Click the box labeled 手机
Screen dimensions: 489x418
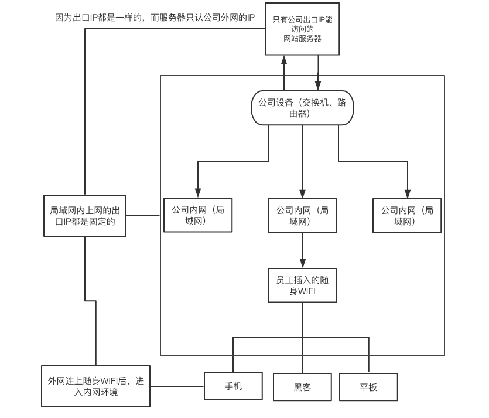tap(233, 386)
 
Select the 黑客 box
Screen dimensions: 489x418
tap(302, 387)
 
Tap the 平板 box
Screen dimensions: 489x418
tap(368, 387)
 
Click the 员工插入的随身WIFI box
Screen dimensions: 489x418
tap(302, 286)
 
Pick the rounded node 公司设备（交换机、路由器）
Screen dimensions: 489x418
tap(302, 108)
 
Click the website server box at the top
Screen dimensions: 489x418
tap(302, 29)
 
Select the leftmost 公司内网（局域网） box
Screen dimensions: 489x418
tap(198, 215)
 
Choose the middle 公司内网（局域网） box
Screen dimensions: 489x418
tap(302, 215)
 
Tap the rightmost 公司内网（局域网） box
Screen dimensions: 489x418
tap(407, 215)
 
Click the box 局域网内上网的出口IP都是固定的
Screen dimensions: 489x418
tap(85, 216)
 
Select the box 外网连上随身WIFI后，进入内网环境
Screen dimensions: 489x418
tap(95, 386)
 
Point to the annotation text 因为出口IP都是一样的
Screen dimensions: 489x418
tap(98, 18)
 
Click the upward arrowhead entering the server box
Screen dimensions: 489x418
tap(284, 60)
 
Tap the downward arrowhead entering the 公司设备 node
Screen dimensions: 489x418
tap(318, 86)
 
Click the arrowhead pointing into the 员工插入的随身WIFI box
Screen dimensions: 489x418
tap(303, 263)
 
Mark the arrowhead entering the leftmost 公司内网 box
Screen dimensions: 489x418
tap(198, 193)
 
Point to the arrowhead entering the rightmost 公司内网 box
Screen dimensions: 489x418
tap(407, 193)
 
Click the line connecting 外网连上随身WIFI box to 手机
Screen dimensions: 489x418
tap(177, 386)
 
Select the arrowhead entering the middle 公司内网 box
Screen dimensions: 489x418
tap(302, 193)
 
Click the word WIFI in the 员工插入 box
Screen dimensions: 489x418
tap(306, 291)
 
